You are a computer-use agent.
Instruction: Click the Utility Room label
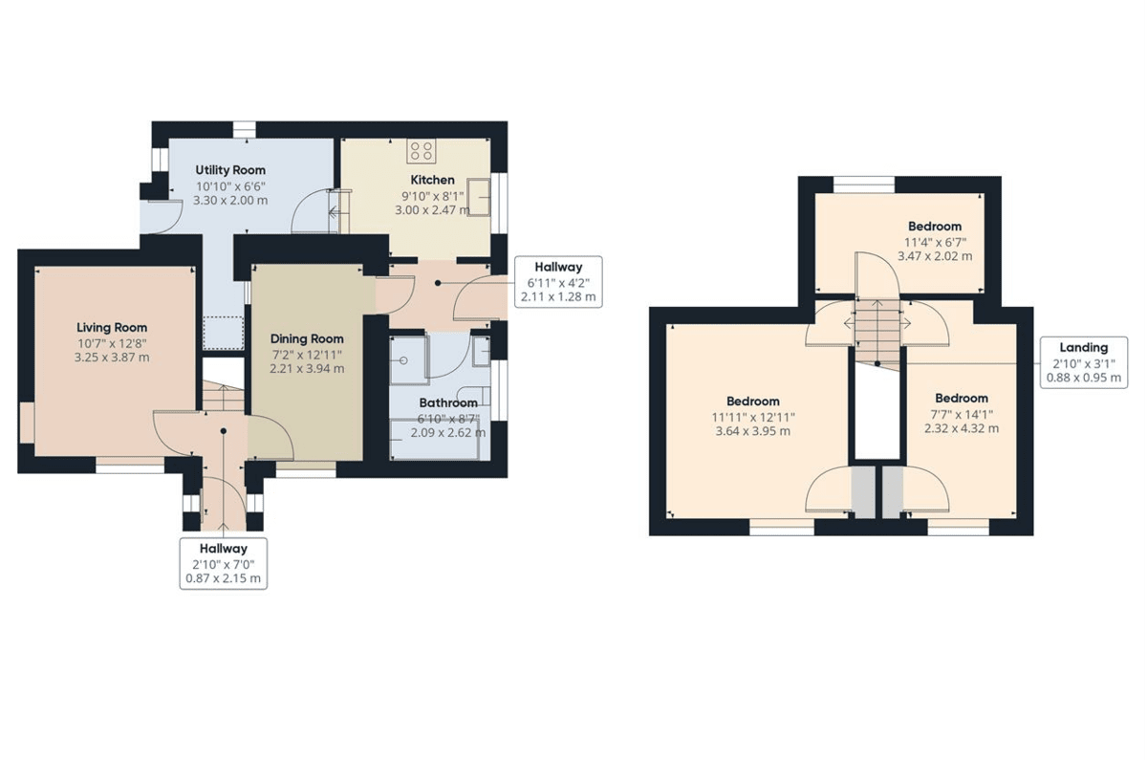230,170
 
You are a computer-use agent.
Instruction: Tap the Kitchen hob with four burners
422,151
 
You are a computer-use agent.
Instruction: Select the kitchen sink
478,197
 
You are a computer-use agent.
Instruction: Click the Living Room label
112,328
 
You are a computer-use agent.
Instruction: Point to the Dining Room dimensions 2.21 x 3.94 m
307,369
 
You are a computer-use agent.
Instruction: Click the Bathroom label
448,403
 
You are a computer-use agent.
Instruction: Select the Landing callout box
1084,362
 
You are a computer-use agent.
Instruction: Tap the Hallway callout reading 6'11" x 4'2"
558,282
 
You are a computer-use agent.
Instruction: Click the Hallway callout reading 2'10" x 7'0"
224,563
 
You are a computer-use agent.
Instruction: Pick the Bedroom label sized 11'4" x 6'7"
935,227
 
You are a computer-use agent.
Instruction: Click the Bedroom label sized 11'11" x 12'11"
753,402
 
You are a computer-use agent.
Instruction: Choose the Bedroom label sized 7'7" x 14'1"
962,399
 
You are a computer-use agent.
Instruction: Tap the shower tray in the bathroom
408,360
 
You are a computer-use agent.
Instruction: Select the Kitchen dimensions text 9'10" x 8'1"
433,195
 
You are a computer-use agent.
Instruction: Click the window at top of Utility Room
245,130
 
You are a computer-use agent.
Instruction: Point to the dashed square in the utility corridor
224,333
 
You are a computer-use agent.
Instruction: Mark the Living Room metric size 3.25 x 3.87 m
112,358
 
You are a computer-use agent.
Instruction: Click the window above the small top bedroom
864,185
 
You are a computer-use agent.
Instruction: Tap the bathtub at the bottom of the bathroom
435,439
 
